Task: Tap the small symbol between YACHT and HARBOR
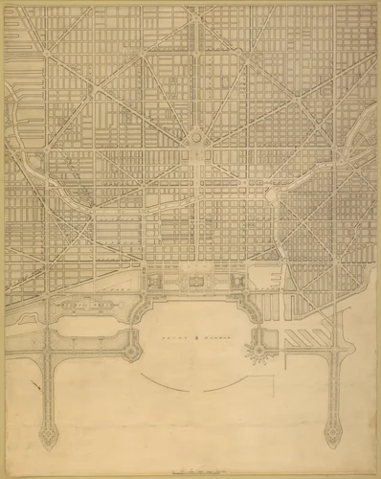[x=194, y=337]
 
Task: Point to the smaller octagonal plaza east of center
[x=272, y=194]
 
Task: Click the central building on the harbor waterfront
[x=196, y=282]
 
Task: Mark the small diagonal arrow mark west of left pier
[x=35, y=386]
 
